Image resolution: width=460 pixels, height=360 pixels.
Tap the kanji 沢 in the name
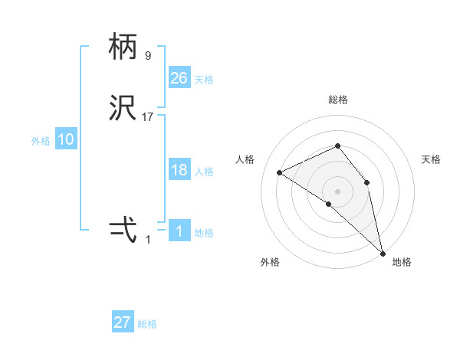coord(123,108)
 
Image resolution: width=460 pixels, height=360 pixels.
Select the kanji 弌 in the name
coord(123,229)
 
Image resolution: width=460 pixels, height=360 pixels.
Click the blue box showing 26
coord(179,77)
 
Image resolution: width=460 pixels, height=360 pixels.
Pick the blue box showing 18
coord(179,170)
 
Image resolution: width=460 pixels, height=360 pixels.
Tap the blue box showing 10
coord(66,139)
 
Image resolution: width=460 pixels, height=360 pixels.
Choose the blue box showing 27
coord(123,322)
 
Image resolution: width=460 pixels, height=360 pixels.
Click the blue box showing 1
coord(179,231)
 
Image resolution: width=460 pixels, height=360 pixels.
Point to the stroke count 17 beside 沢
coord(148,117)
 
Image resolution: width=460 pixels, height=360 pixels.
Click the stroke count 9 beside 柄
coord(148,56)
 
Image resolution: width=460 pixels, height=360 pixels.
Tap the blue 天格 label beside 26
coord(204,80)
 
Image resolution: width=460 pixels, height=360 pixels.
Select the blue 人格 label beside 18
coord(204,172)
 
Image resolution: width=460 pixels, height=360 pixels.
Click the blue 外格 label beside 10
coord(41,141)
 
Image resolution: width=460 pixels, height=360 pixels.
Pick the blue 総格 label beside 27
coord(147,324)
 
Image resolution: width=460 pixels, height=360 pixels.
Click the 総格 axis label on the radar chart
coord(338,100)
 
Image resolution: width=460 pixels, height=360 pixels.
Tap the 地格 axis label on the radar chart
coord(402,262)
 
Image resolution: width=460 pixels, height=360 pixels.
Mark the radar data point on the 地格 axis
coord(382,252)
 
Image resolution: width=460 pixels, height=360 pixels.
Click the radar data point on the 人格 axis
coord(280,172)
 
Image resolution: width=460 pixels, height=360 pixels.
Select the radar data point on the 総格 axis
coord(337,146)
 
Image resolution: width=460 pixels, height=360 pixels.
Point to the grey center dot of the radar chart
coord(337,191)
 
